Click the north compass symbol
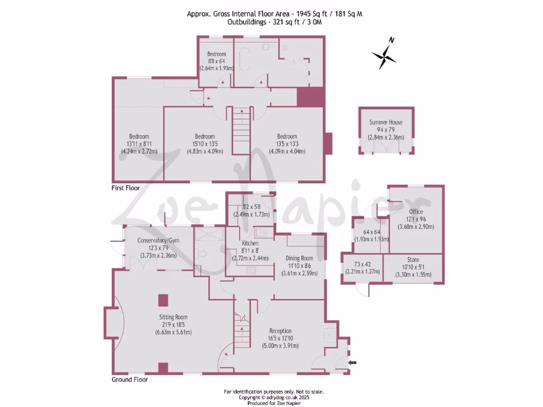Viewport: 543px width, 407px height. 384,54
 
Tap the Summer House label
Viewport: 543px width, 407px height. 386,122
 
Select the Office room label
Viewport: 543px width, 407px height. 416,211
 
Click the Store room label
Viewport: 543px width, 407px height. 413,260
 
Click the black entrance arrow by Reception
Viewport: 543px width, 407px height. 353,362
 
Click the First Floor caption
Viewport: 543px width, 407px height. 126,188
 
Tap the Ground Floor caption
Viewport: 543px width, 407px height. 129,379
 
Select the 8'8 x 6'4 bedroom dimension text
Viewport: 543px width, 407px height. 216,61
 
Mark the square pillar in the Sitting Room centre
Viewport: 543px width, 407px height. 163,300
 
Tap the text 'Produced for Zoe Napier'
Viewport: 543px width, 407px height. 274,402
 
